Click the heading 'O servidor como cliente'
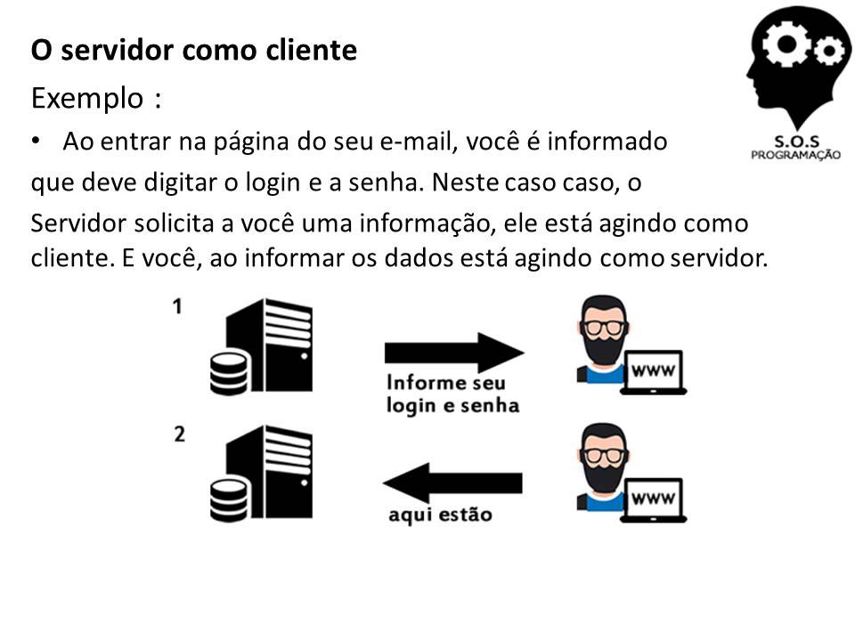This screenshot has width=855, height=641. point(194,51)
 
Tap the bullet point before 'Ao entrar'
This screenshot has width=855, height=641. point(35,141)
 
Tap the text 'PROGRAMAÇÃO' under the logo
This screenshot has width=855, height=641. point(795,153)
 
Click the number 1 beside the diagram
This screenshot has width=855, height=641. point(178,306)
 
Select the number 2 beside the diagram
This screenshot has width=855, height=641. point(179,435)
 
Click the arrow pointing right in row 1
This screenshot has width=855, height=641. point(454,353)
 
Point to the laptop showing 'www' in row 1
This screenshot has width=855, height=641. point(655,371)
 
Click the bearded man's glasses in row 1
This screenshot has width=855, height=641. point(603,327)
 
